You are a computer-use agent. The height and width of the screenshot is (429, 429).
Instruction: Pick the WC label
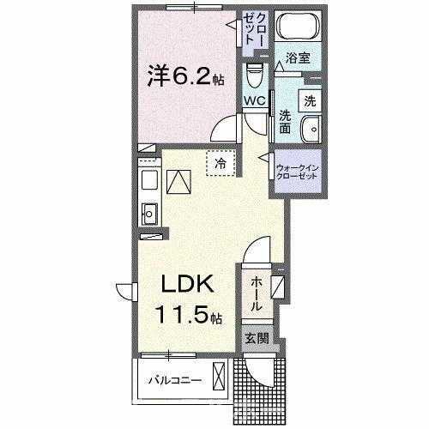pos(255,100)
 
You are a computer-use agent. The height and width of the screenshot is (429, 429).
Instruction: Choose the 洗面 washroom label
pos(284,121)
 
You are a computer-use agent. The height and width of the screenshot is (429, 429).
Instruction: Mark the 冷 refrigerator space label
pos(221,162)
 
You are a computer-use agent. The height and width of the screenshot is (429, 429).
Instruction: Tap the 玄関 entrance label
pos(256,337)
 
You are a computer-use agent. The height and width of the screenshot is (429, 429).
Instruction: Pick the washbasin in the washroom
pos(312,128)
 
